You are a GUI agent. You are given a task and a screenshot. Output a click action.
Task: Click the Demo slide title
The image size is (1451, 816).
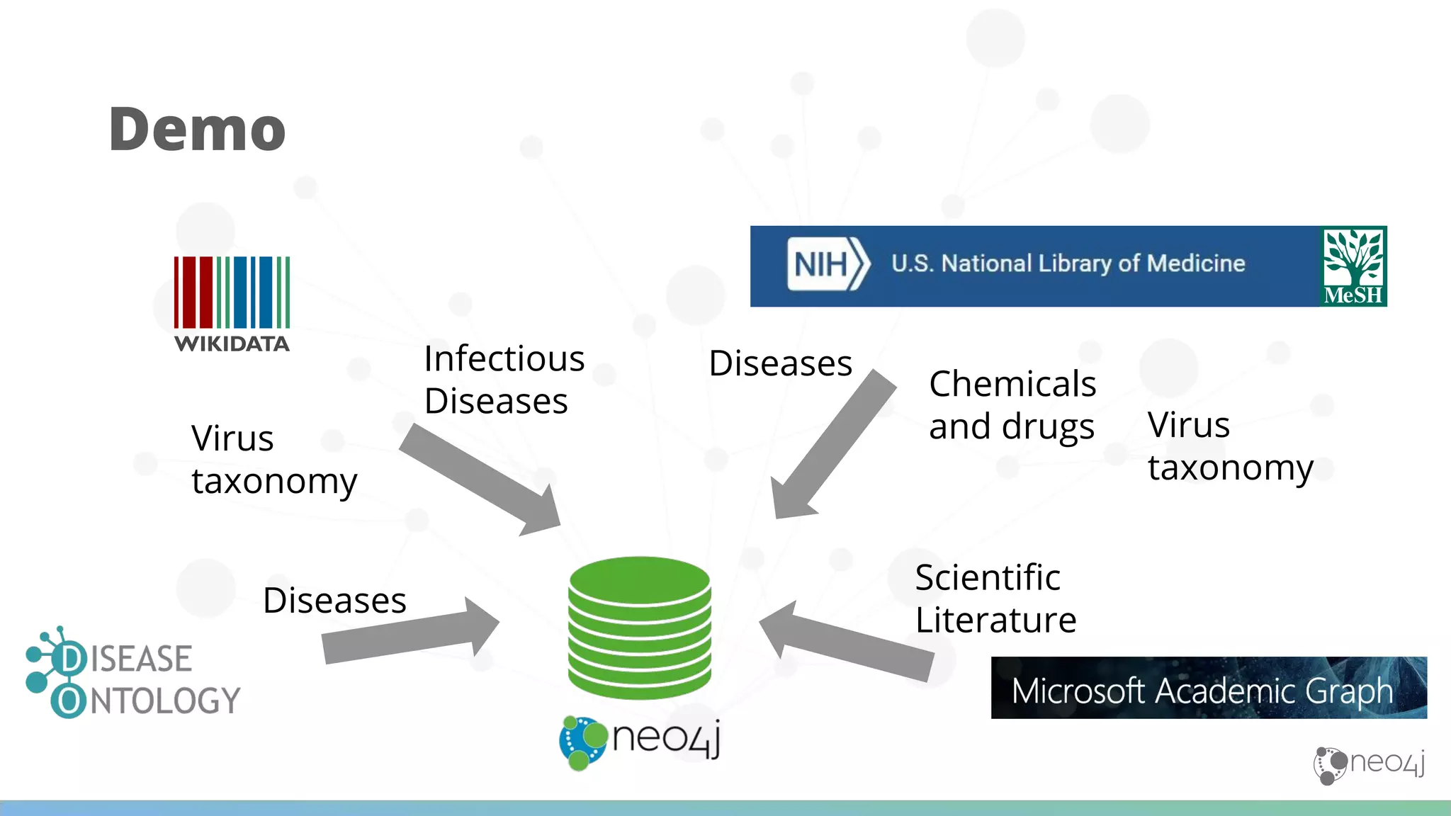click(x=197, y=129)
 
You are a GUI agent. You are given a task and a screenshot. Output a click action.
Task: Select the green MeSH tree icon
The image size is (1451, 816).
click(x=1354, y=266)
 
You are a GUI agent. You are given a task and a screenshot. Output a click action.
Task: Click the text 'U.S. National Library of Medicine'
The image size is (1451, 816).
click(x=1068, y=263)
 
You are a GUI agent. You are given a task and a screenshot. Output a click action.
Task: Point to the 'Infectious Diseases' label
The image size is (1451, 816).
click(x=504, y=380)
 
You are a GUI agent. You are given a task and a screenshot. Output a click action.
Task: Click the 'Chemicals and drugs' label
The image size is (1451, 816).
click(x=1012, y=404)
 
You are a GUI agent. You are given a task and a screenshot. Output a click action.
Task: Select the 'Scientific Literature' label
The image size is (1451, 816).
click(x=995, y=599)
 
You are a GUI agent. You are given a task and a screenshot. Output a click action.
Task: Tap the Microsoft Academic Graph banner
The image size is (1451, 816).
click(x=1208, y=688)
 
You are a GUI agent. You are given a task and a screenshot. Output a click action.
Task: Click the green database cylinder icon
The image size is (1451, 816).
click(x=639, y=627)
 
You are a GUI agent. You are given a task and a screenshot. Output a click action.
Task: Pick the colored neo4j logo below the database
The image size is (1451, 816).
click(x=640, y=741)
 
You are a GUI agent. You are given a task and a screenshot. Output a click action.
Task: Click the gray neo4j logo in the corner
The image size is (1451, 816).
click(x=1368, y=765)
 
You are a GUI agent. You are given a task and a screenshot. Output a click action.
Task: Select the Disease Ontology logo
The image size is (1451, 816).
click(x=133, y=674)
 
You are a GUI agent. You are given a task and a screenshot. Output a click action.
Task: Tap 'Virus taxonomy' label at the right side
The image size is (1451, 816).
click(x=1231, y=446)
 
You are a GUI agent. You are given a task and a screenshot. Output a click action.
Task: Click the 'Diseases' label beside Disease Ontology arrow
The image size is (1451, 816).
click(x=334, y=601)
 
